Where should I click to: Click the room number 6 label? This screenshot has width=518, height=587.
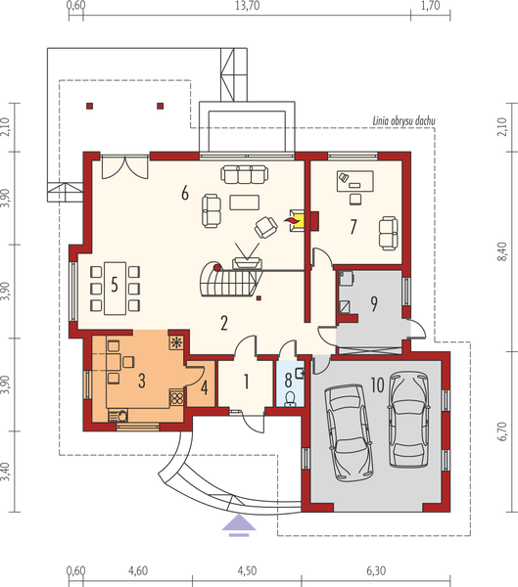[184, 193]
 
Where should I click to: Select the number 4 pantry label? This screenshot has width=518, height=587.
[204, 388]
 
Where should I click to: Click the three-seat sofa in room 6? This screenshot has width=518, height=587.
[243, 173]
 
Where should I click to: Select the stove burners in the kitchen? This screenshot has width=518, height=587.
[177, 398]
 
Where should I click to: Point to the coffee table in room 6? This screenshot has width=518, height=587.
[241, 203]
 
